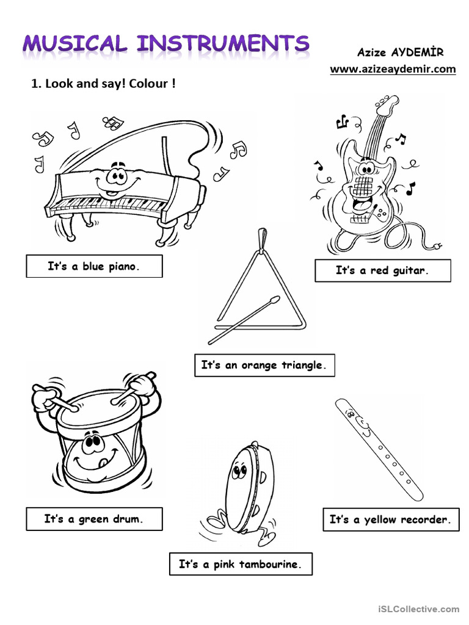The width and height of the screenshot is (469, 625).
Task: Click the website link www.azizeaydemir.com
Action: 393,69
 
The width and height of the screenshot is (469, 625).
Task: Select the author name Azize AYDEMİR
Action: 400,53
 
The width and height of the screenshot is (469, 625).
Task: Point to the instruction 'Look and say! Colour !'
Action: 103,84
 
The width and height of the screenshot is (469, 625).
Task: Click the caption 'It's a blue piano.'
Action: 94,266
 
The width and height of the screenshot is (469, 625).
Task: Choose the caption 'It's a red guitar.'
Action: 382,270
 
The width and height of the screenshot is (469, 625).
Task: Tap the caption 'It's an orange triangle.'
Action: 264,366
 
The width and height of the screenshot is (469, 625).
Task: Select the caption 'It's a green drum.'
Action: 94,519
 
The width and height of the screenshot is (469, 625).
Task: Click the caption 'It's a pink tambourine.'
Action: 240,564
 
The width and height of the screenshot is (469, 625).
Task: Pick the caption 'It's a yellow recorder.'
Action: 390,520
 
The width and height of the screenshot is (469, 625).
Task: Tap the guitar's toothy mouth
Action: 363,186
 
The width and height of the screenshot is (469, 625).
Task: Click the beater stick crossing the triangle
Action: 244,319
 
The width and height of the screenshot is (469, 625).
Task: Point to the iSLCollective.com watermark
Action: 418,609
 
